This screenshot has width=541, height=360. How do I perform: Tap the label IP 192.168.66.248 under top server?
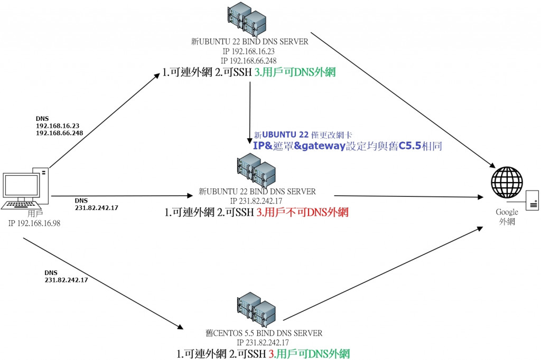pyautogui.click(x=249, y=61)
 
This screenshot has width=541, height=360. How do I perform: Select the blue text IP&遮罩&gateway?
pyautogui.click(x=299, y=146)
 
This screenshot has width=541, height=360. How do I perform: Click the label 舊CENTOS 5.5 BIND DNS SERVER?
pyautogui.click(x=264, y=333)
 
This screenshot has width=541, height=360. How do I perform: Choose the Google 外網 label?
pyautogui.click(x=506, y=216)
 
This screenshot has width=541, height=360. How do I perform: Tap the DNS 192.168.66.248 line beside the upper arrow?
pyautogui.click(x=59, y=133)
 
